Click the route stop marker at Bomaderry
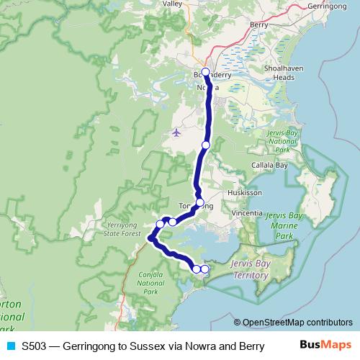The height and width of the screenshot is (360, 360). click(x=206, y=72)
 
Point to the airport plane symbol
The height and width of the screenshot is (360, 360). click(x=177, y=132)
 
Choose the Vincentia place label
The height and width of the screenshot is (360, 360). click(x=248, y=214)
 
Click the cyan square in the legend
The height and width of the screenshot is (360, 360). click(x=9, y=346)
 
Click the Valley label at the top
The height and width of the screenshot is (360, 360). click(x=173, y=4)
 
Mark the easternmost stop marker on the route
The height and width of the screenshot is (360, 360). click(x=205, y=269)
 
